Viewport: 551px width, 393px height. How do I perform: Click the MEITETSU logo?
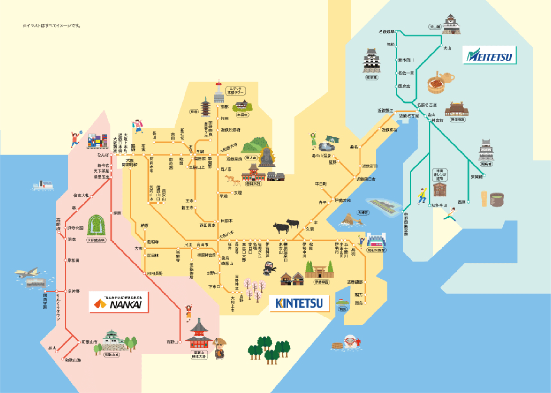tap(490, 55)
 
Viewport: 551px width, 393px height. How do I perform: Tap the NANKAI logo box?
tap(119, 302)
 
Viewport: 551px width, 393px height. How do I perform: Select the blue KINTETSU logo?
tap(299, 304)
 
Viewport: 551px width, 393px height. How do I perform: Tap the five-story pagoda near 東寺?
tap(205, 107)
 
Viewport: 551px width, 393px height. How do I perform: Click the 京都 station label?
tap(224, 106)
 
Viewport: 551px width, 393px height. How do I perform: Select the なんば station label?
tap(103, 155)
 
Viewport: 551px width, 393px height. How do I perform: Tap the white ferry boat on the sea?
tap(43, 185)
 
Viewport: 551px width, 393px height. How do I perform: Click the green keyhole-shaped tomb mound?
tap(96, 225)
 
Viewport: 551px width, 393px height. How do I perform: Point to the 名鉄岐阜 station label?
tap(386, 32)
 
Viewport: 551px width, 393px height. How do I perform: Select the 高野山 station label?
tap(172, 342)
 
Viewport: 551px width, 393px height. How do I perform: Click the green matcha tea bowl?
tap(497, 199)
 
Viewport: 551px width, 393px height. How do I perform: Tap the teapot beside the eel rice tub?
tap(446, 77)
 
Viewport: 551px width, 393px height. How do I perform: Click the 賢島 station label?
tap(359, 303)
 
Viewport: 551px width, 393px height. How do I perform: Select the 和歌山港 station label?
tap(73, 360)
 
